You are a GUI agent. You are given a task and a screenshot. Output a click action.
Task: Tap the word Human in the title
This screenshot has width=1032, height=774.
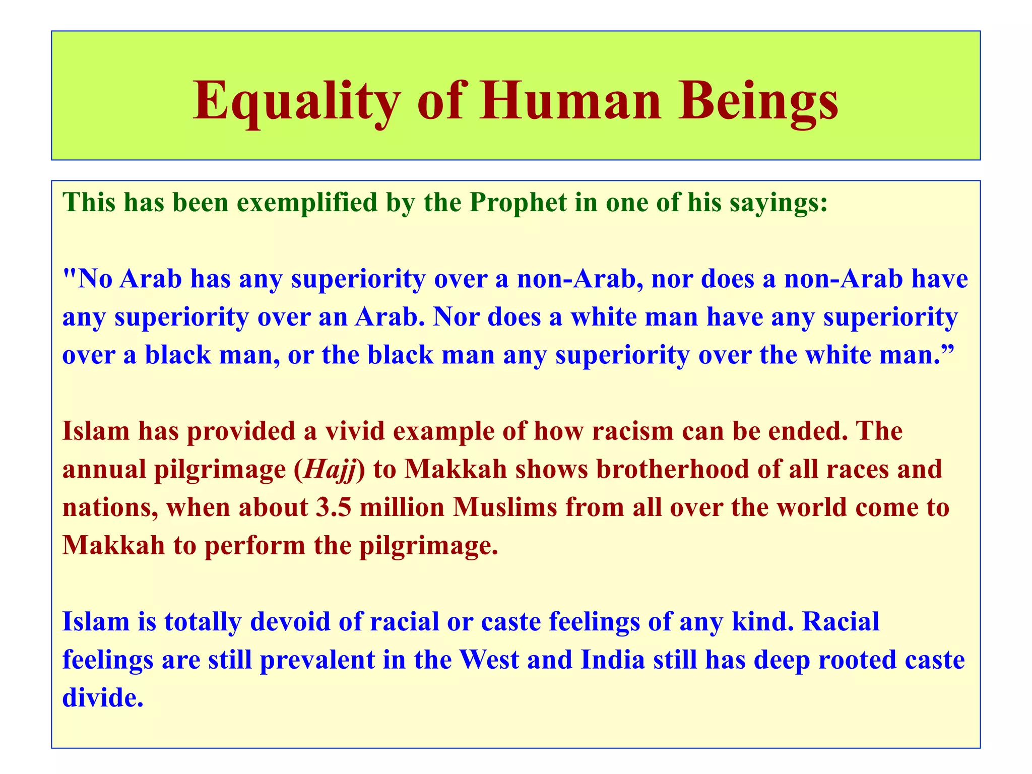(x=570, y=101)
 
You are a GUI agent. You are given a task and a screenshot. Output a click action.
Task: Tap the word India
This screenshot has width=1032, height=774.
(x=612, y=660)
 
